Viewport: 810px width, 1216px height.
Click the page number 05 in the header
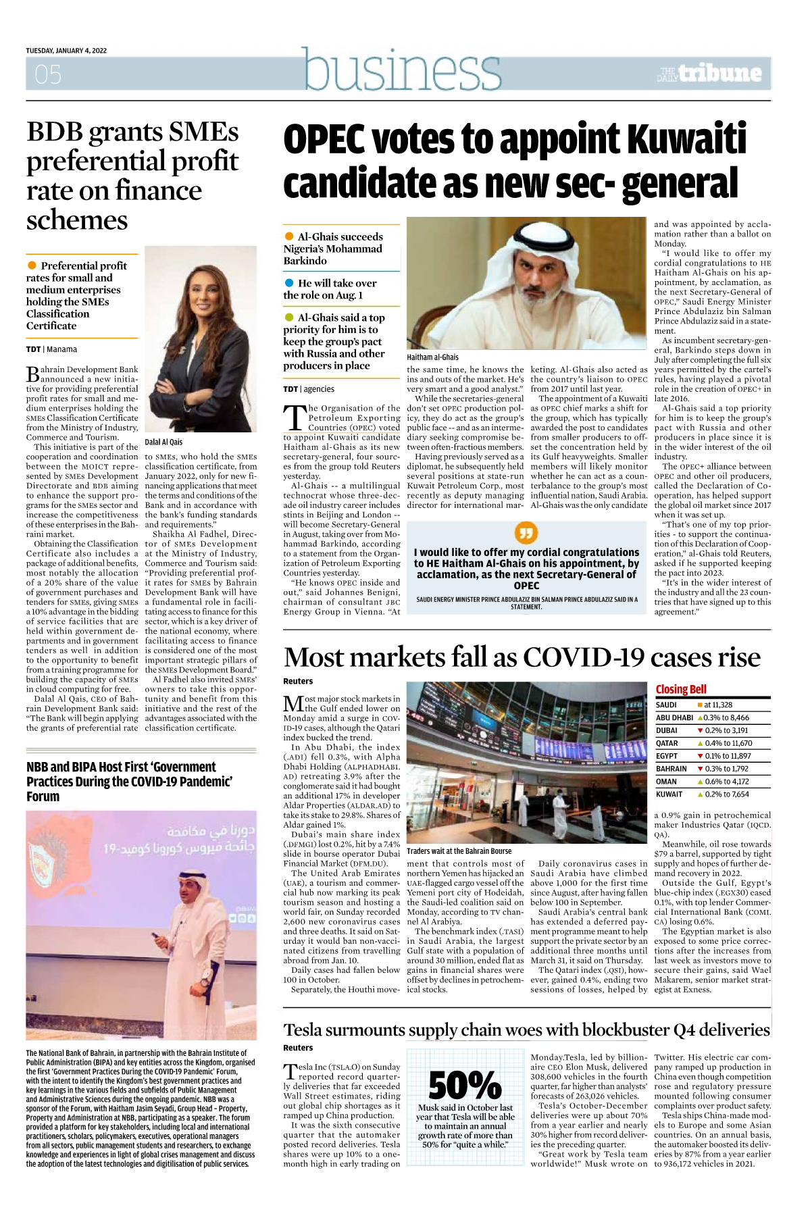48,74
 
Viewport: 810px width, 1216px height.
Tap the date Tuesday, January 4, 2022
66,51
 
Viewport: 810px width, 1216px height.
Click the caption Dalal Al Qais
163,442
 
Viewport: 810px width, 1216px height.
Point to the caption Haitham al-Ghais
432,357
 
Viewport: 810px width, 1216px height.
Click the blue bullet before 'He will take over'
289,283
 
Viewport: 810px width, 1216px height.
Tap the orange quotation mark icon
526,533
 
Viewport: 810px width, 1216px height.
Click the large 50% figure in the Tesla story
465,1085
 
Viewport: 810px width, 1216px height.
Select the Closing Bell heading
681,689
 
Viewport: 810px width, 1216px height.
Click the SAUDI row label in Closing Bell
666,705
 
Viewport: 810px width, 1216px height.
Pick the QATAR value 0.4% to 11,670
728,743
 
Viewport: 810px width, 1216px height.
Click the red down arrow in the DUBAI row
700,730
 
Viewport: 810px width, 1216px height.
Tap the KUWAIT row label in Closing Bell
669,794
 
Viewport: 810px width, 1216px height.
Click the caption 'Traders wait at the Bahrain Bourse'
459,851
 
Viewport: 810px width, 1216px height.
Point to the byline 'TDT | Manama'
51,349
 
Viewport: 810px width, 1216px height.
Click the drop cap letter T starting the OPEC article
294,417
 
